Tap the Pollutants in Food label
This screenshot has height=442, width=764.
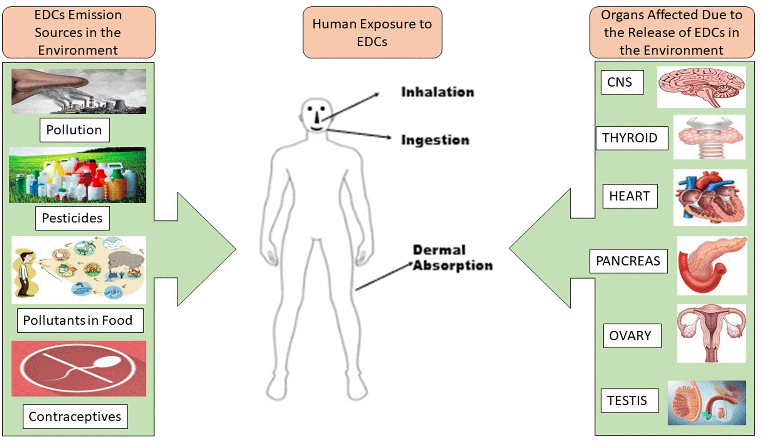pyautogui.click(x=80, y=320)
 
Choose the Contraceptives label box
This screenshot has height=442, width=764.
pyautogui.click(x=75, y=416)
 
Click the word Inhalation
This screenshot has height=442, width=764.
pyautogui.click(x=437, y=92)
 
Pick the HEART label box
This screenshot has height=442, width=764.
pyautogui.click(x=630, y=196)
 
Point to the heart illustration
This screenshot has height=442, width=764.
pyautogui.click(x=710, y=198)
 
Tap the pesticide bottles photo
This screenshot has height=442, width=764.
pyautogui.click(x=78, y=175)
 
